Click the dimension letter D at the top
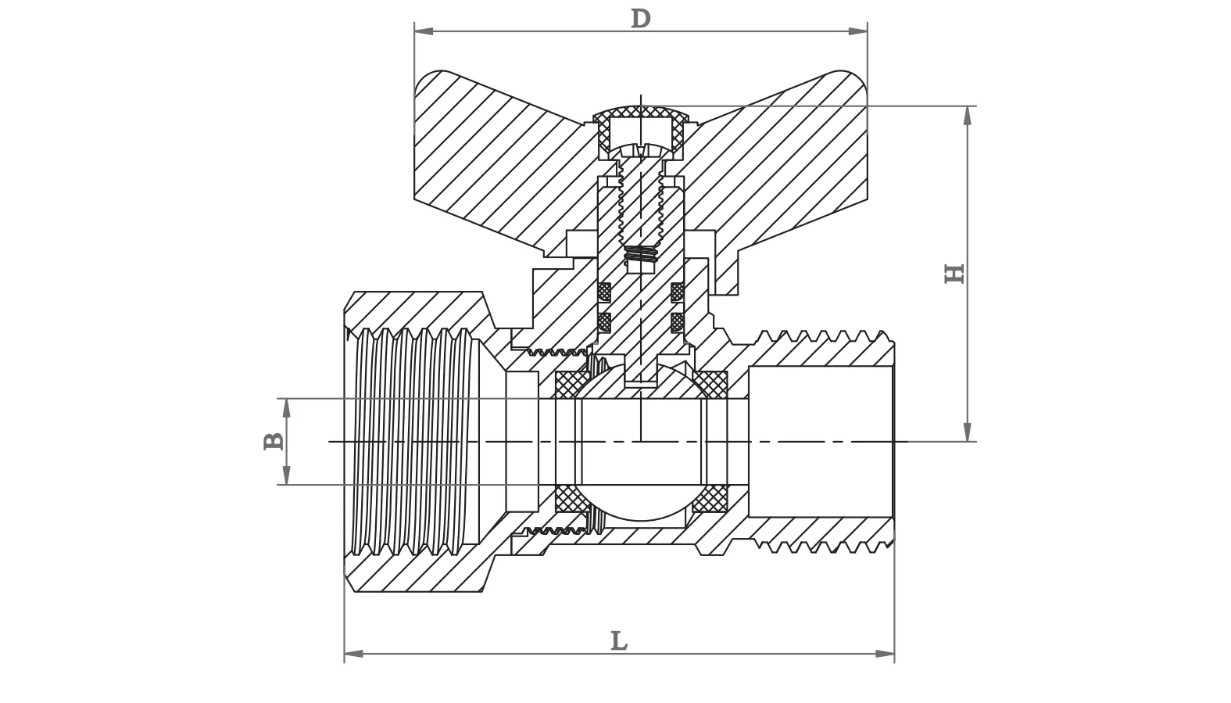point(640,18)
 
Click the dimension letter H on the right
point(954,273)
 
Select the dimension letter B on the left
point(273,441)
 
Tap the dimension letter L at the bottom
point(619,641)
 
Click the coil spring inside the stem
point(641,254)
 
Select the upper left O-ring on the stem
point(604,292)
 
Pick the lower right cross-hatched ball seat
point(710,498)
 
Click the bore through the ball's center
point(639,442)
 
